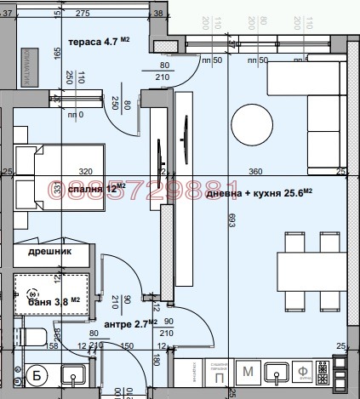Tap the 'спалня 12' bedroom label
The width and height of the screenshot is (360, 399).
click(x=101, y=188)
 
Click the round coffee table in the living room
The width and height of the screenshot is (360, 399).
click(x=250, y=120)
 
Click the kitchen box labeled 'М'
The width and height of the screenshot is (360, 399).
click(x=249, y=371)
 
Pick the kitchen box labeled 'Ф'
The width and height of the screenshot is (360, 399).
click(x=303, y=371)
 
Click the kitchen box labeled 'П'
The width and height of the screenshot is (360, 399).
click(x=219, y=375)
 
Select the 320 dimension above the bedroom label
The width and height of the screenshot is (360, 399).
click(x=84, y=171)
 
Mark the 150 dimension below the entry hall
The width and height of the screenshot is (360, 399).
click(x=127, y=346)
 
